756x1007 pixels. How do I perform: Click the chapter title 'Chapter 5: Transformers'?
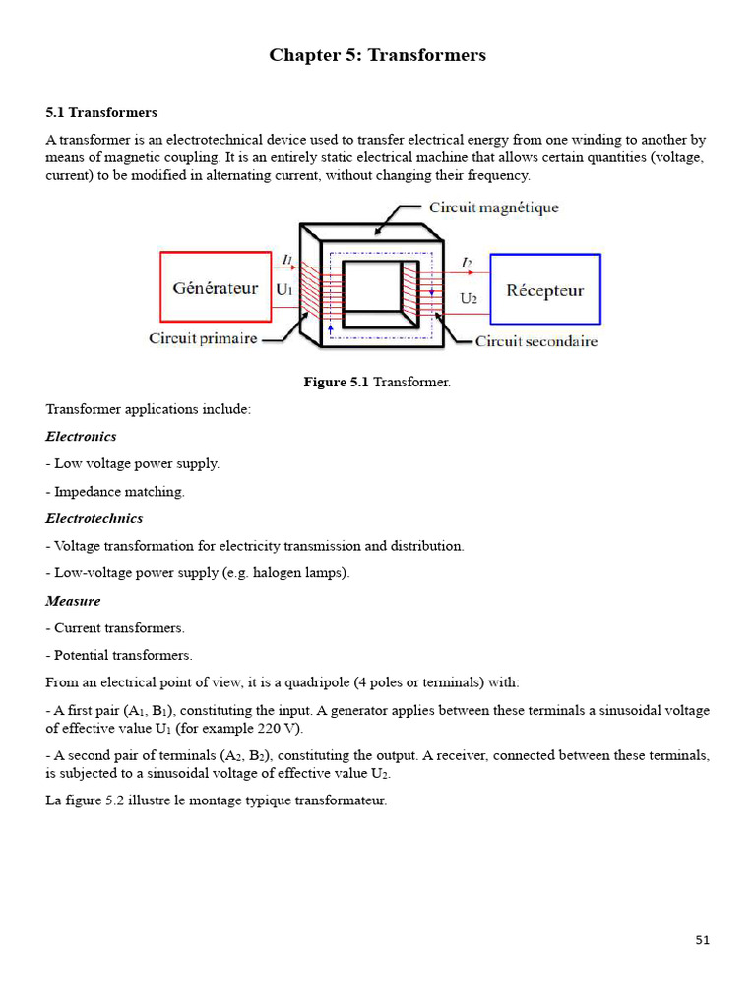377,55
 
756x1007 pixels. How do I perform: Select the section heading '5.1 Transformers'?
101,113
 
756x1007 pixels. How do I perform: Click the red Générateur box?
216,287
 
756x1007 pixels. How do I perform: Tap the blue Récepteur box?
544,290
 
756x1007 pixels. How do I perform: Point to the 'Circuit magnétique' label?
493,207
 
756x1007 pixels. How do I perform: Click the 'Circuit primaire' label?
203,338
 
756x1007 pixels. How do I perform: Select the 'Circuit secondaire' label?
535,341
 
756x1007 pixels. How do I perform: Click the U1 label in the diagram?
284,290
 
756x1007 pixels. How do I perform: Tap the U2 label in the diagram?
470,297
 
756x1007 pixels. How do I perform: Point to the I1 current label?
286,260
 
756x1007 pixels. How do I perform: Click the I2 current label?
467,262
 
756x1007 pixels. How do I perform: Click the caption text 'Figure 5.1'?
337,382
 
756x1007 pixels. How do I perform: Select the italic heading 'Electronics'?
81,436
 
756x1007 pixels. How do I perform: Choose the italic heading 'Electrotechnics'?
94,518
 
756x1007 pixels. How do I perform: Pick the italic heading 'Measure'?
73,600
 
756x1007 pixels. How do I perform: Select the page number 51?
702,940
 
